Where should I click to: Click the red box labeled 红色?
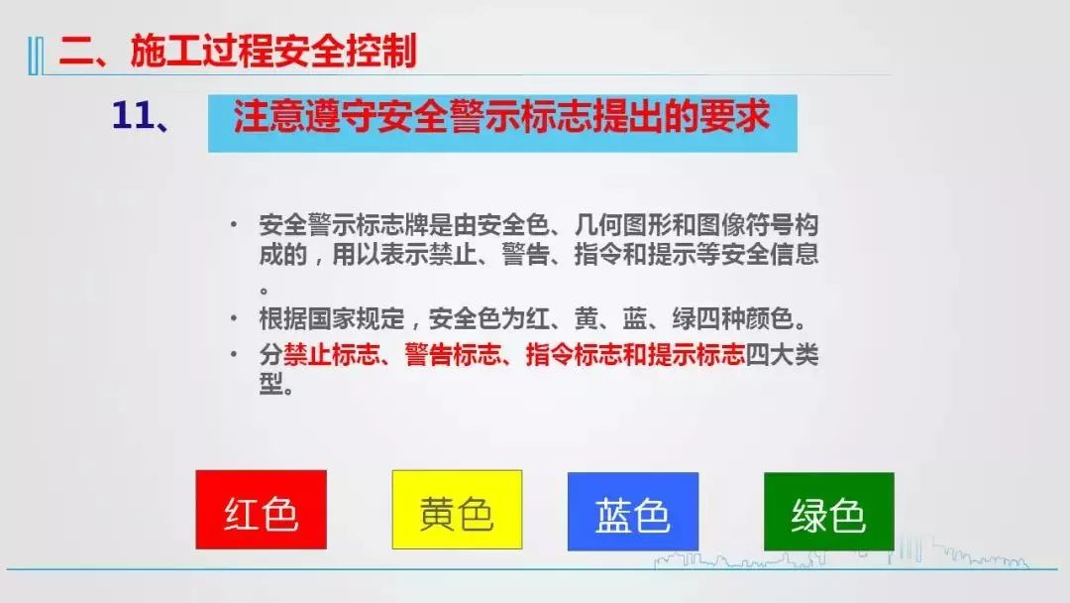pyautogui.click(x=261, y=510)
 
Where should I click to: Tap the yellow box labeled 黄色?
pyautogui.click(x=457, y=510)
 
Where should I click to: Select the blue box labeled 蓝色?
pyautogui.click(x=632, y=512)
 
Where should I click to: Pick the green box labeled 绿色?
pyautogui.click(x=828, y=512)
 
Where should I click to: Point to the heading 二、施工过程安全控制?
pyautogui.click(x=238, y=52)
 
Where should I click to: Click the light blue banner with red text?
pyautogui.click(x=502, y=123)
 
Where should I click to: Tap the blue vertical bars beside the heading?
pyautogui.click(x=36, y=56)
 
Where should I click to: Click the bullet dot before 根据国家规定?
pyautogui.click(x=234, y=318)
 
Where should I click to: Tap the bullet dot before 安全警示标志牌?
pyautogui.click(x=234, y=224)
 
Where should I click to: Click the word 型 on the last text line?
pyautogui.click(x=270, y=384)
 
